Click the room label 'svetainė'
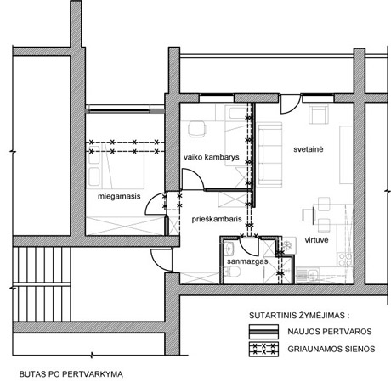[x=308, y=149]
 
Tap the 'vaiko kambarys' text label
[x=212, y=157]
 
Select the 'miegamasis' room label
[x=119, y=196]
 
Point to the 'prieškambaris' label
[x=217, y=219]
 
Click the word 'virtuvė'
[x=316, y=240]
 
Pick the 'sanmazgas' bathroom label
[x=247, y=261]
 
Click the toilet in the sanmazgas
[x=232, y=272]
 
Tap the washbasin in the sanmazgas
[x=229, y=249]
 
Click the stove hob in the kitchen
[x=345, y=259]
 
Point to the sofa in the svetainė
[x=270, y=154]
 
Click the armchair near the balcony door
[x=319, y=114]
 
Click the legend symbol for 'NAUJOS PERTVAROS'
[x=263, y=332]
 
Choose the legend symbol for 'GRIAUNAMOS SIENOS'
[x=263, y=349]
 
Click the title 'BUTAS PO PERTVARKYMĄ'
[x=71, y=374]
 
